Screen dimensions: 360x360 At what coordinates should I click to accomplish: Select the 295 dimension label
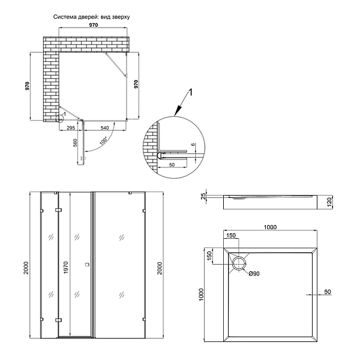point(70,128)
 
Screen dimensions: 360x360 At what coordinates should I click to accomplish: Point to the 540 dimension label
point(104,128)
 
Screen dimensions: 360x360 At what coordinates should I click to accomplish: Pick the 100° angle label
point(103,142)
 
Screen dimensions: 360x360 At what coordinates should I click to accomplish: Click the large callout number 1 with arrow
point(190,92)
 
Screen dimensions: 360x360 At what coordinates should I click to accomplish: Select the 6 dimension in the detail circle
point(193,145)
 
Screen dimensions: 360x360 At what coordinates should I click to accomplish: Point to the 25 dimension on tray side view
point(203,196)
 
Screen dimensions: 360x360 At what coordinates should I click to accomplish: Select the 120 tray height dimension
point(329,202)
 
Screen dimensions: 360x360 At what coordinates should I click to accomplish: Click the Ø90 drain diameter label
point(256,274)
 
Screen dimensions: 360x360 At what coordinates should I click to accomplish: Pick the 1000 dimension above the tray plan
point(271,227)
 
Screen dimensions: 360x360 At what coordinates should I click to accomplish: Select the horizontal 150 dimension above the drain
point(232,235)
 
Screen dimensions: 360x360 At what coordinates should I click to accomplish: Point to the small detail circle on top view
point(60,117)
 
